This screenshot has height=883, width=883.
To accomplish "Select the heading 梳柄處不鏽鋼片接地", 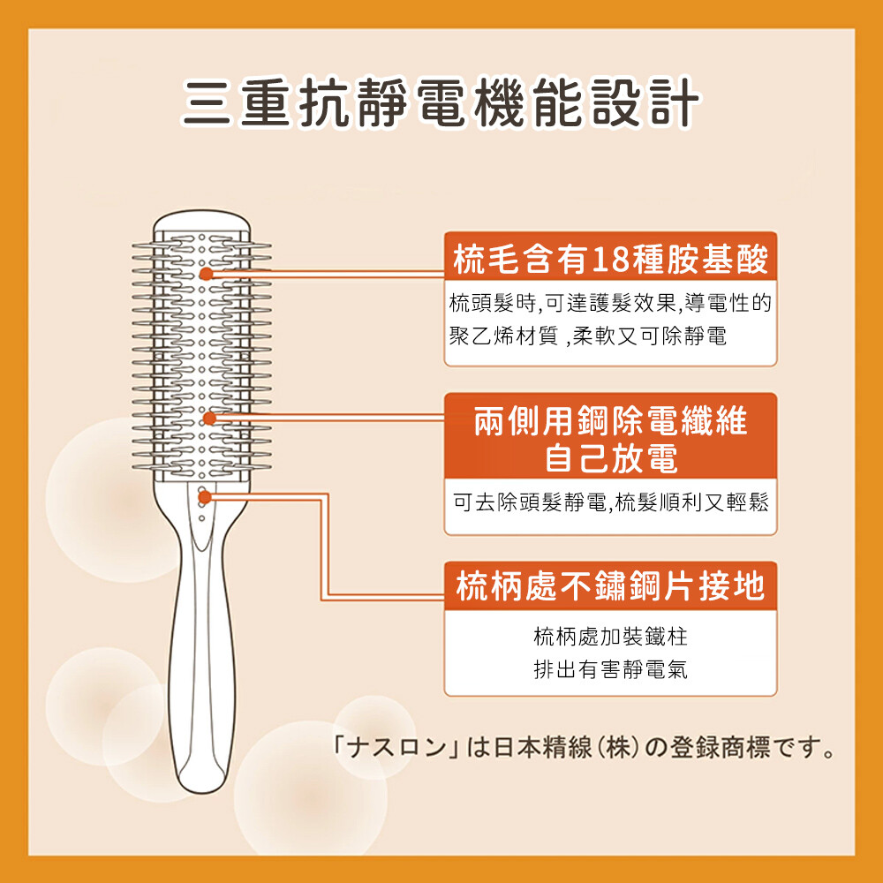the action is (610, 586).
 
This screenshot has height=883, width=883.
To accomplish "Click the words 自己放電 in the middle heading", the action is (611, 457).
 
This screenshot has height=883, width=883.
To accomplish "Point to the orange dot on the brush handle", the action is (205, 497).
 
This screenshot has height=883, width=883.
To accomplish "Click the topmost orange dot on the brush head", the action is (206, 274).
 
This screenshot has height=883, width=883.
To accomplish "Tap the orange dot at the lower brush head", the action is (209, 418).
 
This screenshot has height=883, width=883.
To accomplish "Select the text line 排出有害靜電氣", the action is (610, 669).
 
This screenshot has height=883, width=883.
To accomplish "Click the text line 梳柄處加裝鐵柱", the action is (610, 637).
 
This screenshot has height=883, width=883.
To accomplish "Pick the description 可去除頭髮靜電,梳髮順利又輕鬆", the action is (610, 502).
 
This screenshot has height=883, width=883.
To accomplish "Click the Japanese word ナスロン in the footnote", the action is (396, 747).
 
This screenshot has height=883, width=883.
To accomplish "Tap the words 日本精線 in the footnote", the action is (536, 747).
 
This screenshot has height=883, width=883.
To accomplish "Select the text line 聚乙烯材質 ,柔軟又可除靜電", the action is (588, 336).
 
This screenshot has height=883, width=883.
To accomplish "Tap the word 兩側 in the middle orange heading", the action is (506, 421).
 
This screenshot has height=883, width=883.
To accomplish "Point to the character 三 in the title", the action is (207, 102).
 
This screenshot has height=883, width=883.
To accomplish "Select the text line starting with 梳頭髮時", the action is (610, 303).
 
